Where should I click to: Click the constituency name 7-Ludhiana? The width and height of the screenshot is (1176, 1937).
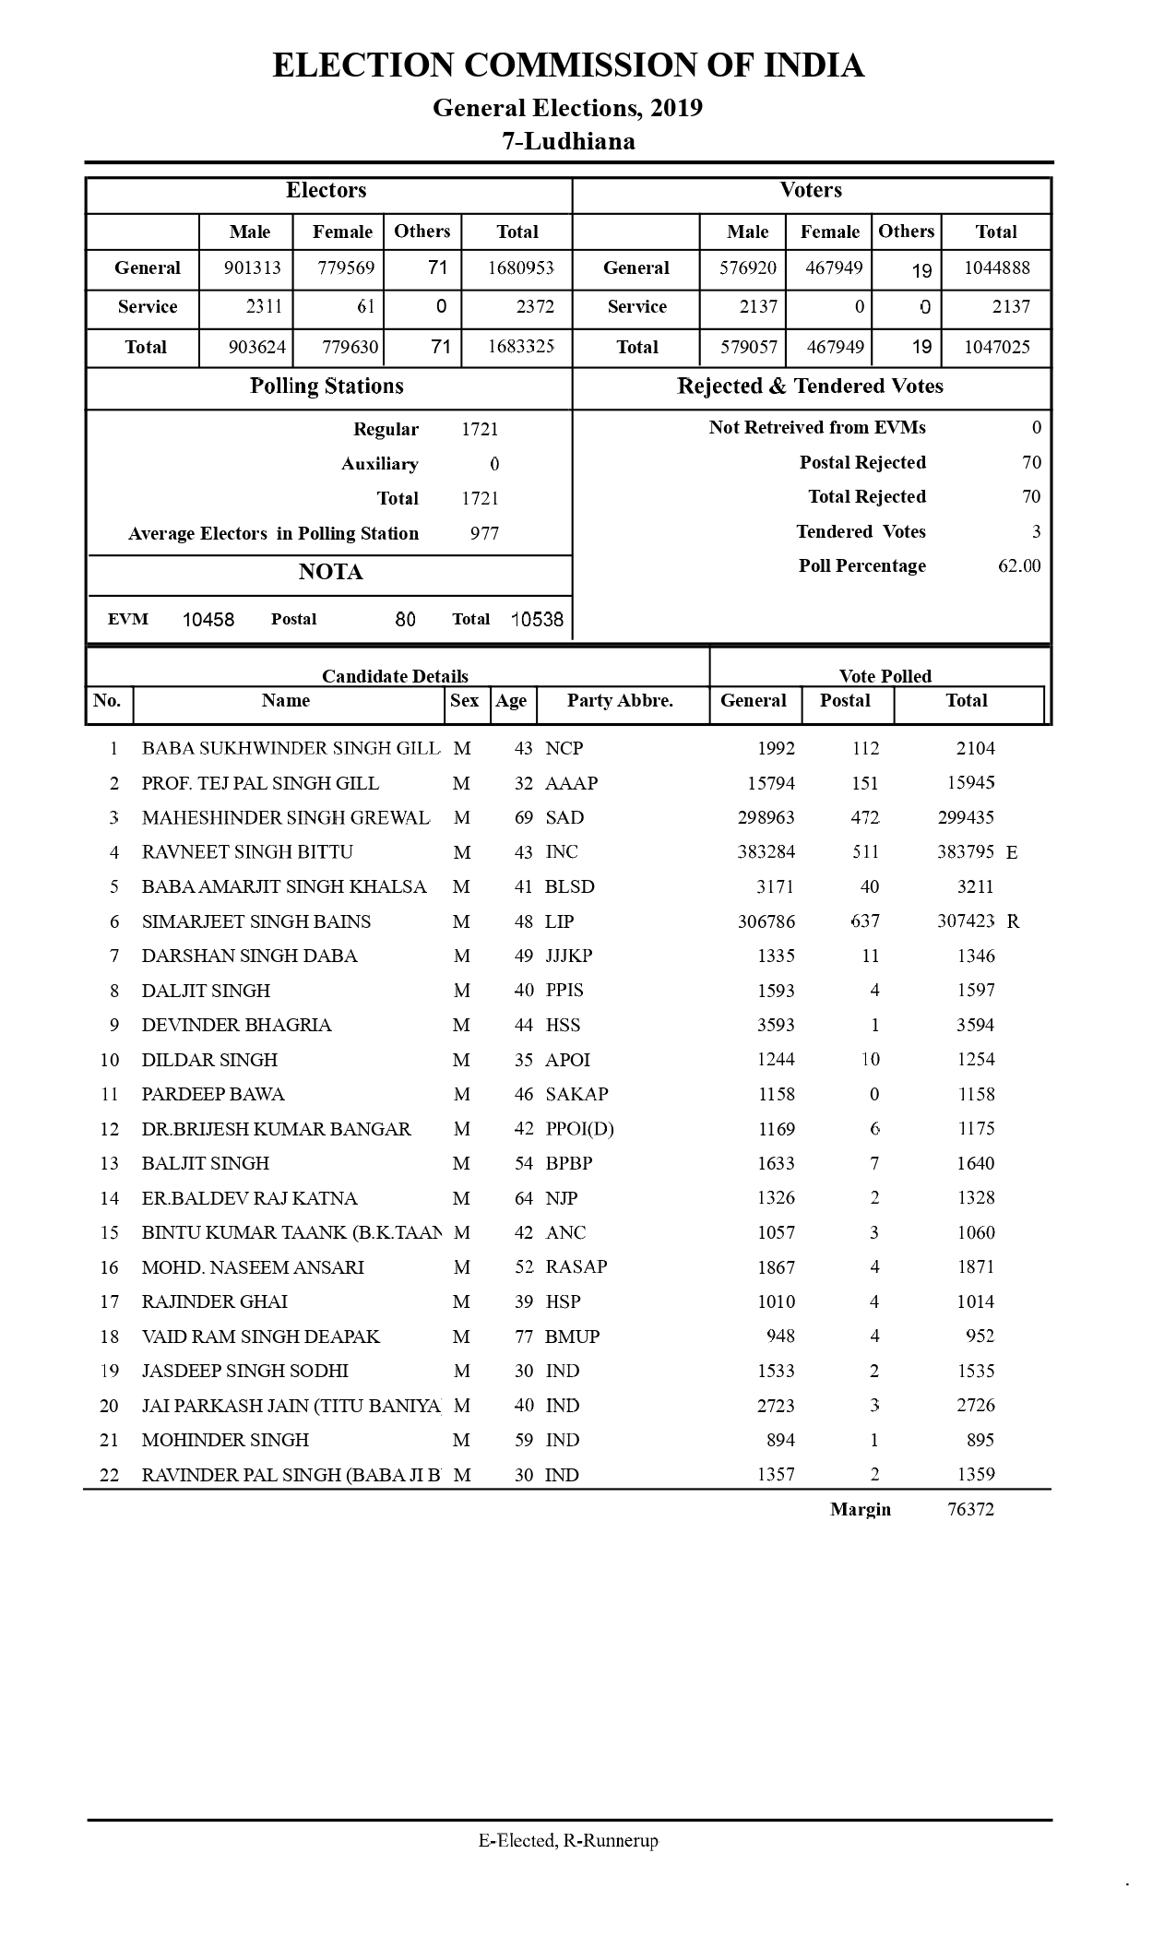click(568, 141)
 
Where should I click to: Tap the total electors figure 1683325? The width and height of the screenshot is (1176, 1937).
click(520, 347)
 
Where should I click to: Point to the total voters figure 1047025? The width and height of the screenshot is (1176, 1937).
click(996, 347)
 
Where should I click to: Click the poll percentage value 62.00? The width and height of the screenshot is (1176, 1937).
click(1018, 565)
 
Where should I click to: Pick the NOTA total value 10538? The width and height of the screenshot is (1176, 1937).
click(537, 620)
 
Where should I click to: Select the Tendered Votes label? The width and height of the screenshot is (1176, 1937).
click(861, 531)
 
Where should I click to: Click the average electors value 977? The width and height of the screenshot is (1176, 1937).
click(484, 533)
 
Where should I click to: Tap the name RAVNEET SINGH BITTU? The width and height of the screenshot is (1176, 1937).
click(247, 852)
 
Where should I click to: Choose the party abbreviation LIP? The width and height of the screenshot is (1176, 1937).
click(559, 921)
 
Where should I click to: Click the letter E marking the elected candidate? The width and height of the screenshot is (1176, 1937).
click(1012, 852)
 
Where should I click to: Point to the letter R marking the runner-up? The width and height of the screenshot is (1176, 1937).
click(1013, 921)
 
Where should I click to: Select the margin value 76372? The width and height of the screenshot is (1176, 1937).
click(970, 1509)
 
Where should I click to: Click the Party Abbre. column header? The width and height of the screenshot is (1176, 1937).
click(620, 701)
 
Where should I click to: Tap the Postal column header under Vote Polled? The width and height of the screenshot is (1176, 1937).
click(845, 701)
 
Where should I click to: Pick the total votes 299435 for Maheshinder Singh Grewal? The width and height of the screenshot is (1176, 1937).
click(966, 817)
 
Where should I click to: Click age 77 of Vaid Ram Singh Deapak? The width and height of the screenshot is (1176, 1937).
click(524, 1337)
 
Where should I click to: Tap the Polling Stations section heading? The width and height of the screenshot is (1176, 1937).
click(327, 386)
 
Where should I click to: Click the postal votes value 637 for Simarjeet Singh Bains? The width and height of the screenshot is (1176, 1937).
click(865, 921)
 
